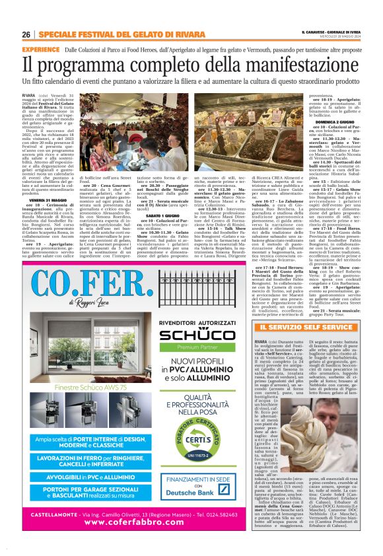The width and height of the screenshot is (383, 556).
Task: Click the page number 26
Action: click(26, 34)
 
